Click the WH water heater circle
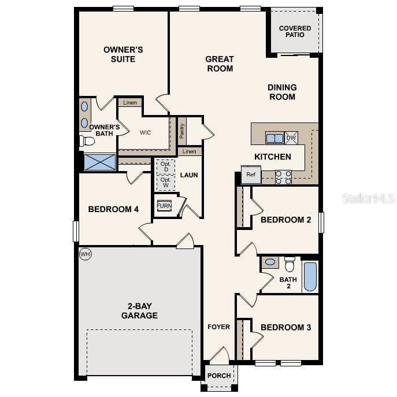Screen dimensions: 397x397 click(86, 254)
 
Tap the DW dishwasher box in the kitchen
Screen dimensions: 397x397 click(291, 138)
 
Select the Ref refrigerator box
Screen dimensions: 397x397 click(251, 175)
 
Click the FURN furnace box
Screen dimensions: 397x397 click(164, 206)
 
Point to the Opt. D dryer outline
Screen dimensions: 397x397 click(165, 167)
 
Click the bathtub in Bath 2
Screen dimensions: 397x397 click(310, 276)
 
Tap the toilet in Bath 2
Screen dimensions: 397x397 click(290, 264)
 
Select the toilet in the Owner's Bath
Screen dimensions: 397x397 click(87, 140)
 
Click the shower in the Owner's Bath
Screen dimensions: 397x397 click(99, 161)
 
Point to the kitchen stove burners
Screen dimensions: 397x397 click(283, 177)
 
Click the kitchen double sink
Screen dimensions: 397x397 click(274, 138)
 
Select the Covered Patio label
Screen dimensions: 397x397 click(295, 31)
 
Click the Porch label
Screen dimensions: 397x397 click(219, 376)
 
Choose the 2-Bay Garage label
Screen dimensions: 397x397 click(139, 311)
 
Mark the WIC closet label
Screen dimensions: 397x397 click(145, 132)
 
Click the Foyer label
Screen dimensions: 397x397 click(219, 327)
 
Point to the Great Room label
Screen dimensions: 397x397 click(220, 64)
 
